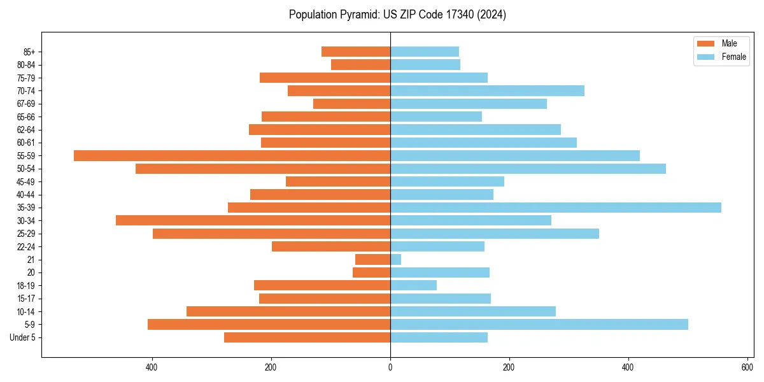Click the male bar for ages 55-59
tap(232, 155)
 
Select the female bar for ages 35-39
tap(555, 208)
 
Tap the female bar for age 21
tap(395, 260)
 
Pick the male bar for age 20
tap(371, 272)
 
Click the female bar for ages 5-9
tap(539, 324)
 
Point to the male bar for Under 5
tap(307, 337)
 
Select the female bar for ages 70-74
tap(487, 90)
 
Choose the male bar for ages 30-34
tap(253, 220)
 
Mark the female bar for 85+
tap(424, 52)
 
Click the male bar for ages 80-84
tap(360, 64)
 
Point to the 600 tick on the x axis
tap(747, 367)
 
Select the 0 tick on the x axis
tap(390, 367)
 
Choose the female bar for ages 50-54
tap(528, 169)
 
